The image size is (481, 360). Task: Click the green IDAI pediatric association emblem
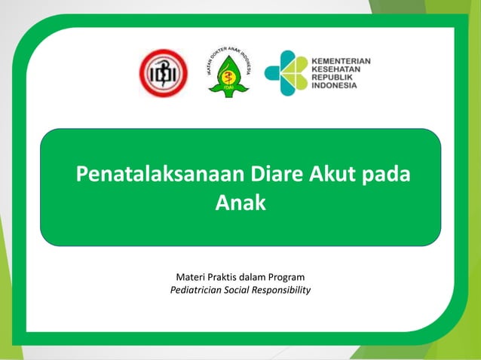click(x=228, y=71)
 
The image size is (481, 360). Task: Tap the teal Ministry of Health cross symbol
click(x=286, y=72)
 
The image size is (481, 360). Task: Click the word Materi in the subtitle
click(x=191, y=277)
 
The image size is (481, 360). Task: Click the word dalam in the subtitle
click(x=258, y=277)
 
